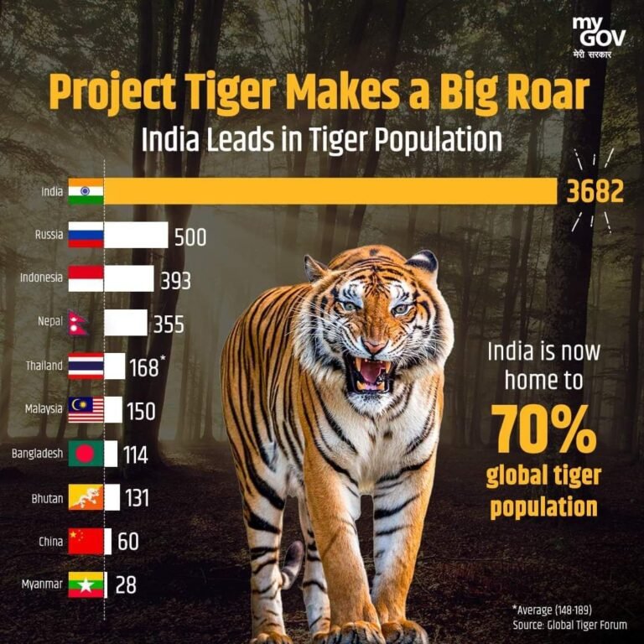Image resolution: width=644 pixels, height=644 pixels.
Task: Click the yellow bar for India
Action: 331,191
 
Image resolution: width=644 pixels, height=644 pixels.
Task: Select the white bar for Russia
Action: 136,235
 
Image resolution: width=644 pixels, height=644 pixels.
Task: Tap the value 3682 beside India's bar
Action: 595,192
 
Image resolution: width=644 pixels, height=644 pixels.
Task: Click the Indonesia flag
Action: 86,278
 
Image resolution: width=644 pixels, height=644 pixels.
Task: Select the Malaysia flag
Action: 86,410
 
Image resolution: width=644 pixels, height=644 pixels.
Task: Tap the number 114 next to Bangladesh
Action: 134,455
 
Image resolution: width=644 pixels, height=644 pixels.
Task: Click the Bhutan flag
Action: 86,497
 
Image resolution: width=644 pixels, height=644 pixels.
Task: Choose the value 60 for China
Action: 127,542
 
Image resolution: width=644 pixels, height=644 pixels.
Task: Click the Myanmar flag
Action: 86,584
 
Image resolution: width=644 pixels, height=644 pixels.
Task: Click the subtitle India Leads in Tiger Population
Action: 321,139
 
